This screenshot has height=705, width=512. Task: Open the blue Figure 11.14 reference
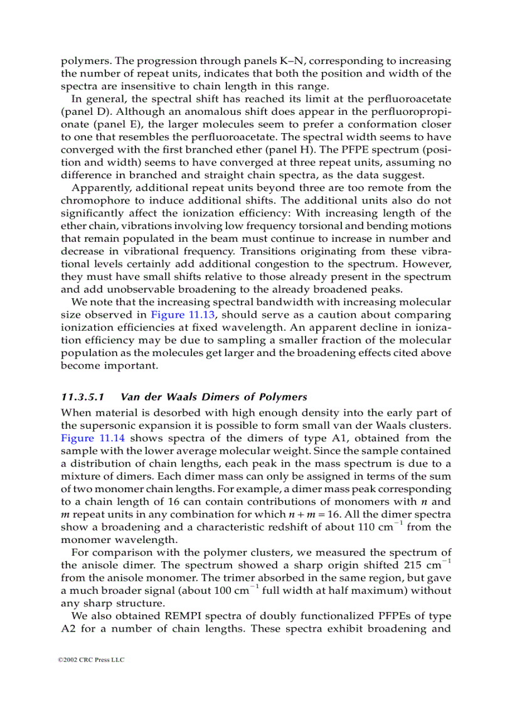88,438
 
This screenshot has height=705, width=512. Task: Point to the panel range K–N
296,61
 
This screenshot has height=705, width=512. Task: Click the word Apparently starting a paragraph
102,188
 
